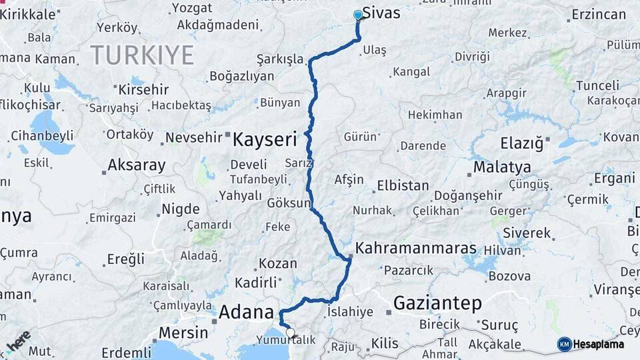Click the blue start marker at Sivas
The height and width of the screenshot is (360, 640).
[358, 15]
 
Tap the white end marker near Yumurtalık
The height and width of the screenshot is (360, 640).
[289, 331]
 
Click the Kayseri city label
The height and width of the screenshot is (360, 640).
[264, 139]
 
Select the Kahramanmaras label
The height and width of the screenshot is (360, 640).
[416, 248]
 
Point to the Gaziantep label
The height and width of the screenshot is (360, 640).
[437, 303]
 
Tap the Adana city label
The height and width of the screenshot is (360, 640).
[246, 311]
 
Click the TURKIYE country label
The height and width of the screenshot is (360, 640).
[142, 55]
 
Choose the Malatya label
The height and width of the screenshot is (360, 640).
[502, 167]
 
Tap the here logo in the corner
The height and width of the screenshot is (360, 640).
[17, 341]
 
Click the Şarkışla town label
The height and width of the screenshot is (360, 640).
[279, 59]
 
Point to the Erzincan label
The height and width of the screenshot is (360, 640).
[599, 14]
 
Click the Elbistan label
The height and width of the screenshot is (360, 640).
[403, 185]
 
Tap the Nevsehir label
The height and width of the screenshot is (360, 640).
[193, 138]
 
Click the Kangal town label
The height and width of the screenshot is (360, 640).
[411, 71]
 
